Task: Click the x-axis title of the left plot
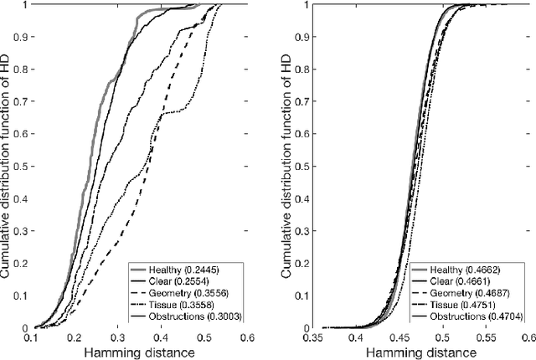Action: [166, 353]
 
